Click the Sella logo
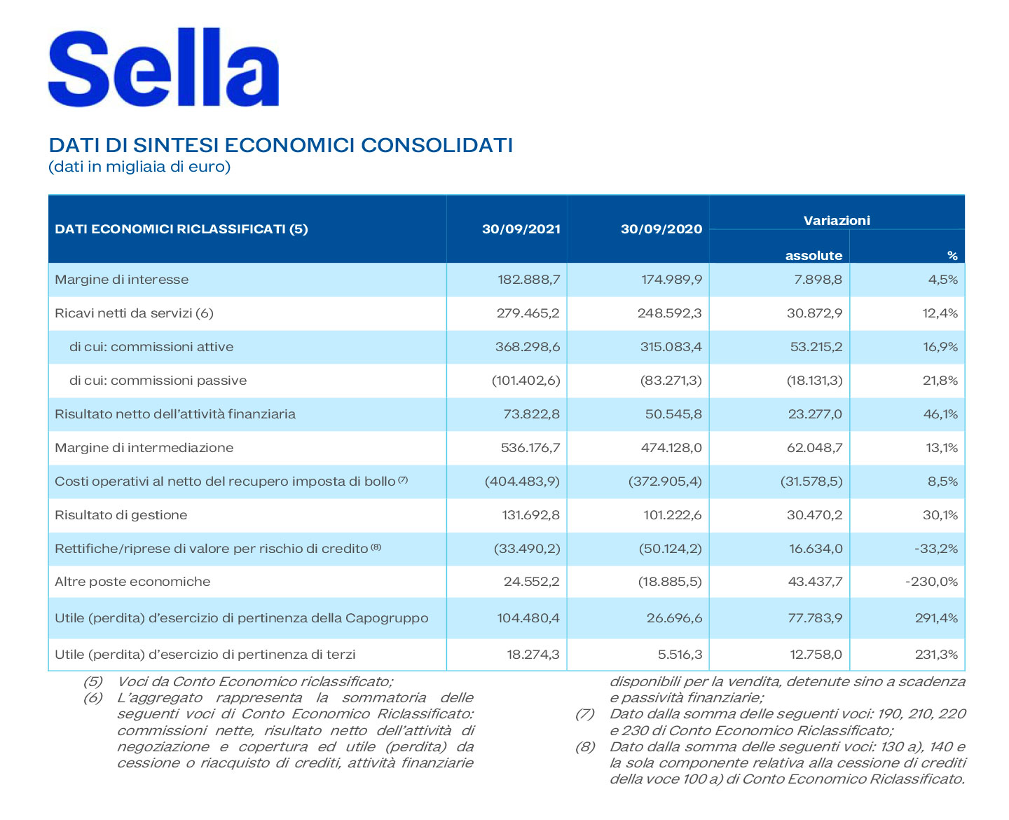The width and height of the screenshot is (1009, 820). click(x=163, y=69)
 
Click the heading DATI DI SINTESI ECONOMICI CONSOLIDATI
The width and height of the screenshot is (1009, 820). click(x=280, y=146)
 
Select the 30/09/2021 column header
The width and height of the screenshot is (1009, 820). click(x=521, y=229)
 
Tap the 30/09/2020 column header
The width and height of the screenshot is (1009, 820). click(x=661, y=229)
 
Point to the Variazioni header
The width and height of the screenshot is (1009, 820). click(x=836, y=220)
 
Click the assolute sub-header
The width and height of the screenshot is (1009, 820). click(x=814, y=256)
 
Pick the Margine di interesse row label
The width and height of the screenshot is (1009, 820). click(x=122, y=280)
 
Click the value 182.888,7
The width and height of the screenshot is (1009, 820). click(x=528, y=280)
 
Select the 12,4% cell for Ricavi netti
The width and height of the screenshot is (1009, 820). click(x=940, y=313)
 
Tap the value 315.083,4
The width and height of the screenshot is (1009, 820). click(x=671, y=347)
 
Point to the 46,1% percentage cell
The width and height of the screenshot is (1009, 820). click(x=940, y=414)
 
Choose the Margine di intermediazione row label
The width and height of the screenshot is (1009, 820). click(x=144, y=448)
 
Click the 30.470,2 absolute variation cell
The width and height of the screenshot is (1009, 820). click(x=814, y=515)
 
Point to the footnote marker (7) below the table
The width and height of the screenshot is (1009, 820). click(x=584, y=714)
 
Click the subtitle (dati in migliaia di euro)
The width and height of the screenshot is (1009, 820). click(x=139, y=167)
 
